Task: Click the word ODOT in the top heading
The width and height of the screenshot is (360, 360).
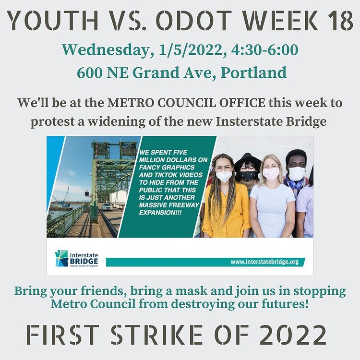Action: click(194, 21)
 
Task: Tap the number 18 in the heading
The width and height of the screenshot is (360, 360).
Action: click(340, 21)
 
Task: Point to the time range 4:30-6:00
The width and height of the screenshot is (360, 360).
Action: click(264, 50)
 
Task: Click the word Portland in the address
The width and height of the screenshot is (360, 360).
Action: click(253, 72)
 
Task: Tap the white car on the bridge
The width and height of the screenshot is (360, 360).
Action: click(107, 206)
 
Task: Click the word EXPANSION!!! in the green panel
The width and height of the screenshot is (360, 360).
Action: click(160, 213)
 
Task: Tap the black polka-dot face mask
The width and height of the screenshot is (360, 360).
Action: click(248, 176)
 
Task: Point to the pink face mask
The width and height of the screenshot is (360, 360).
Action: click(271, 174)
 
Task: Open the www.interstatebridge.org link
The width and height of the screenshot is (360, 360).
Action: click(264, 262)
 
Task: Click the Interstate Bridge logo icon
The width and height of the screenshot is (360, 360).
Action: click(61, 258)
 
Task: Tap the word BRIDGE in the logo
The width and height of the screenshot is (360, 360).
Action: click(84, 261)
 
